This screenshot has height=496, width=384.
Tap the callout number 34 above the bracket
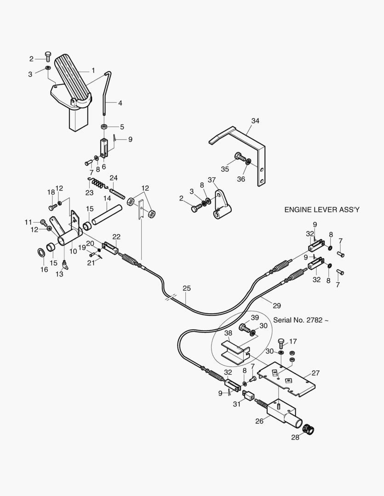point(255,121)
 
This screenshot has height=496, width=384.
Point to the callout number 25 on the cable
point(186,288)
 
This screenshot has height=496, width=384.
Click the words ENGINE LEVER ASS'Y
point(322,210)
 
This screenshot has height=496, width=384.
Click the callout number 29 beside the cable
point(276,305)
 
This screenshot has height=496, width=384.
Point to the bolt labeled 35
point(239,157)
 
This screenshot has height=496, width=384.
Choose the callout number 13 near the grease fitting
point(59,274)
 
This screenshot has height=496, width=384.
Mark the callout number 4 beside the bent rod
point(120,103)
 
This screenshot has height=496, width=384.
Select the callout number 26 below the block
point(260,421)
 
